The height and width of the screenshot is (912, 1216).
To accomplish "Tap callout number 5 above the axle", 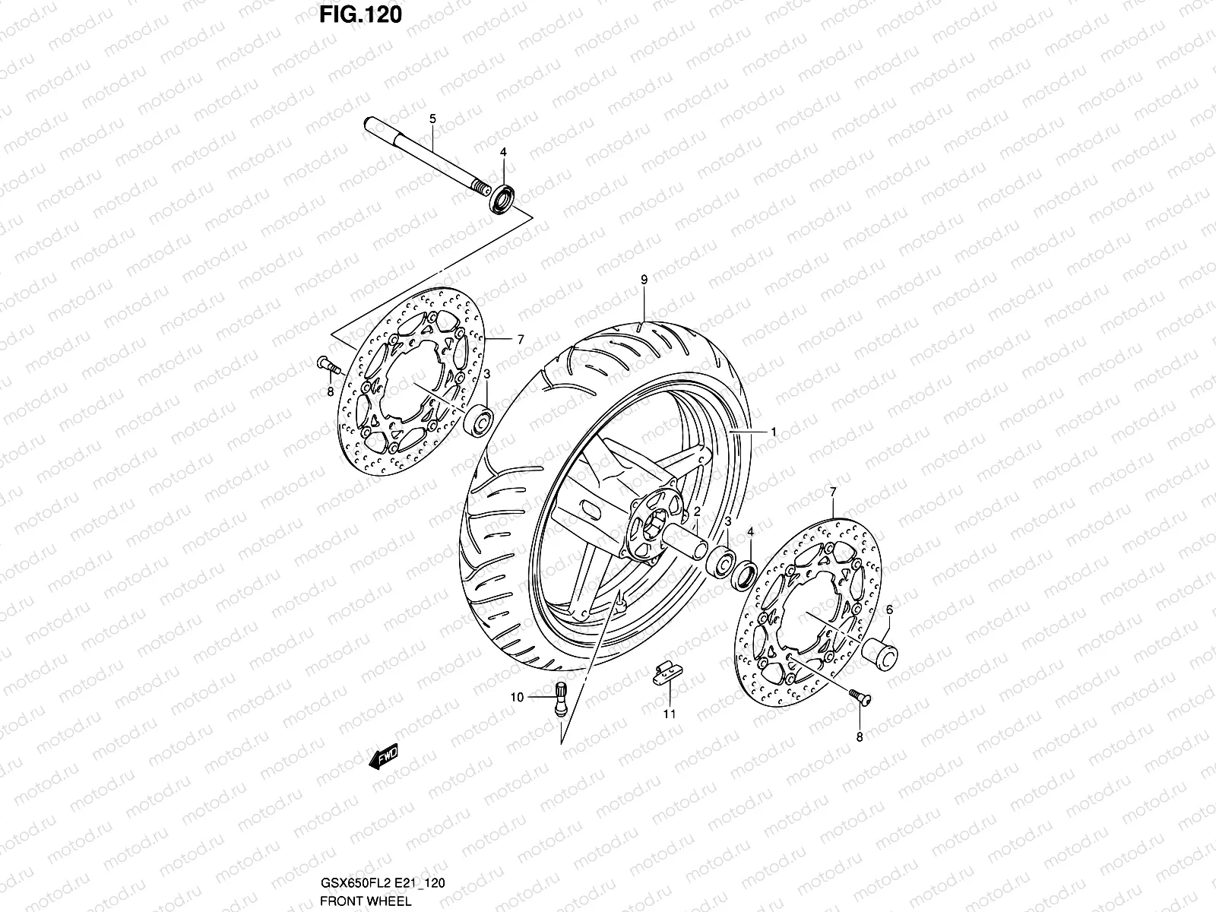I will (x=432, y=119).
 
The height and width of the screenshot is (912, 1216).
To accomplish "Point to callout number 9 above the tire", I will (x=644, y=280).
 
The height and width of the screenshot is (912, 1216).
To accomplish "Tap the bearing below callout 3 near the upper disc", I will (x=480, y=420).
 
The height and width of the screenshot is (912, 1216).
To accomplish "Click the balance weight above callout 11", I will (x=666, y=673).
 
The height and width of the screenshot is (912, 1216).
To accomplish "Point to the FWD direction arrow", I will (x=383, y=758).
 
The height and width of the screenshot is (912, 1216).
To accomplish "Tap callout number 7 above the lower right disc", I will (x=833, y=492).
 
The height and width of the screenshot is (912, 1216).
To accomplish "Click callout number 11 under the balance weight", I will (x=668, y=714).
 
